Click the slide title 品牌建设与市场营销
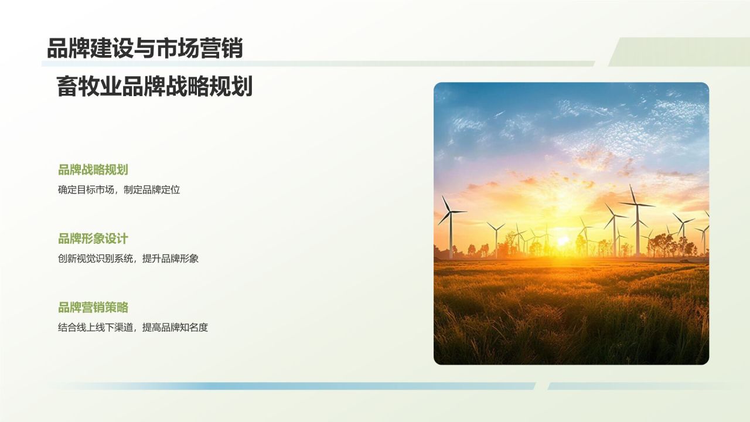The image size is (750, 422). pyautogui.click(x=145, y=49)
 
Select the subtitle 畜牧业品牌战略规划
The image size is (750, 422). pyautogui.click(x=155, y=87)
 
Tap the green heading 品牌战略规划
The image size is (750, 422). pyautogui.click(x=93, y=170)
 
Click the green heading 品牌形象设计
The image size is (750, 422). pyautogui.click(x=93, y=239)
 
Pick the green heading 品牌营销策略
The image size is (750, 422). pyautogui.click(x=93, y=307)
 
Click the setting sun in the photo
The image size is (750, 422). pyautogui.click(x=562, y=240)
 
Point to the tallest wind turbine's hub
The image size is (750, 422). pyautogui.click(x=636, y=204)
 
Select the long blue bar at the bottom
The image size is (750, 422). pyautogui.click(x=293, y=386)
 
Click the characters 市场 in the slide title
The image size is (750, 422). pyautogui.click(x=178, y=49)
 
